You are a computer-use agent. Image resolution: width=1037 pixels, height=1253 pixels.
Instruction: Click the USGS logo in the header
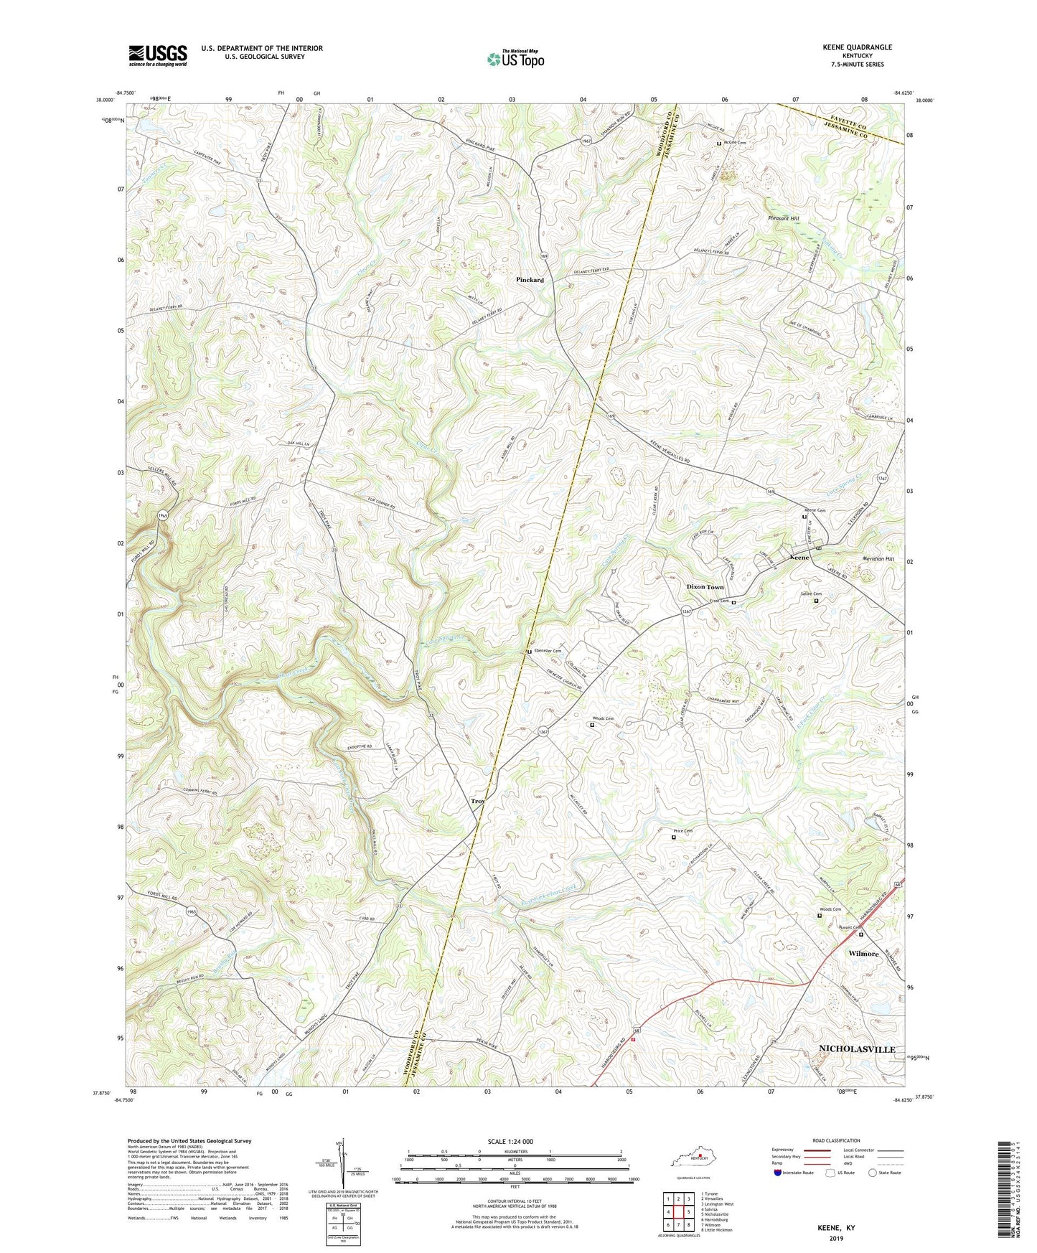(158, 55)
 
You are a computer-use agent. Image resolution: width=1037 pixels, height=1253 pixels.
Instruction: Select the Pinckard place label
(530, 280)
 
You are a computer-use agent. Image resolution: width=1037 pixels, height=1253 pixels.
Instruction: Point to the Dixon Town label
(705, 587)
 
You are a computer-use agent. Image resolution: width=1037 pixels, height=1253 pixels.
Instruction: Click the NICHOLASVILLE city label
(857, 1049)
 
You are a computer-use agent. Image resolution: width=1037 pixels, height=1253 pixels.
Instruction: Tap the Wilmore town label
(863, 954)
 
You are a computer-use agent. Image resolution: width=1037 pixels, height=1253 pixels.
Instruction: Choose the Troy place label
(477, 801)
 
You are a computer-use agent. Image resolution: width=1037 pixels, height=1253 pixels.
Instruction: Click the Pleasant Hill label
(783, 218)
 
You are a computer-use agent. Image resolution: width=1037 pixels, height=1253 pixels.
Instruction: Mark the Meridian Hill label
(878, 558)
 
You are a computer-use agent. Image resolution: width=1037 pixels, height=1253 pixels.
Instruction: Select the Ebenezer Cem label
(548, 651)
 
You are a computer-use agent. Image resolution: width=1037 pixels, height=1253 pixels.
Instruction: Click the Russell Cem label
(852, 927)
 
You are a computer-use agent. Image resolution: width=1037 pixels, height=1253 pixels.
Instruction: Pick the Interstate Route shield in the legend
(777, 1173)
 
